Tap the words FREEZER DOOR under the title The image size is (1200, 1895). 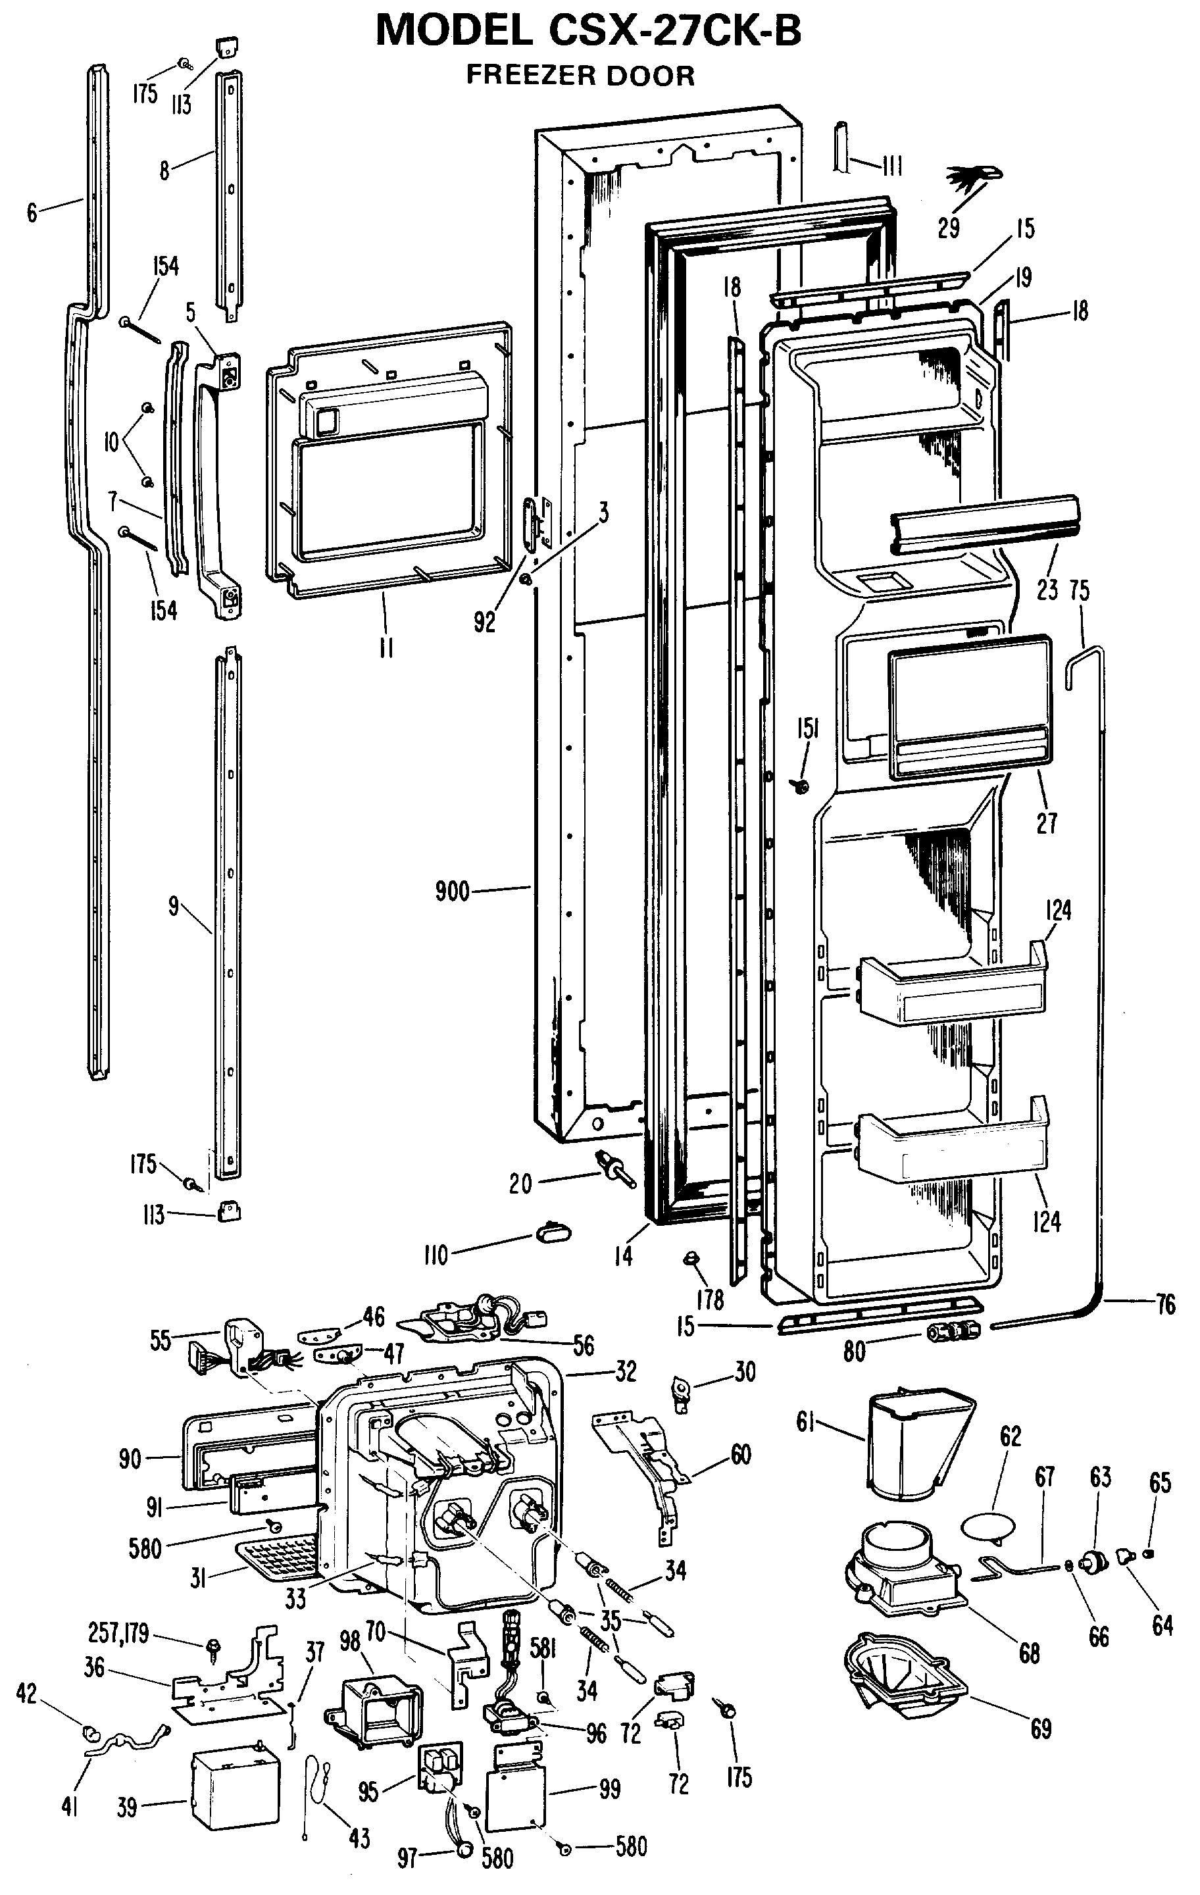tap(580, 76)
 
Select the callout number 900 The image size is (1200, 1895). tap(452, 892)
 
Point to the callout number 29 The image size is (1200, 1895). tap(948, 228)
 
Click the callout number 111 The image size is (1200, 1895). tap(891, 165)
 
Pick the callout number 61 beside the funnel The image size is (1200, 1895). tap(806, 1423)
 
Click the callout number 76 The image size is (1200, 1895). tap(1165, 1305)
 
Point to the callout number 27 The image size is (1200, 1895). tap(1047, 823)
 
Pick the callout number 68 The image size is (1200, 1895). tap(1029, 1654)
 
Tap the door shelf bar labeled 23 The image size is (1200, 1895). tap(984, 521)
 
